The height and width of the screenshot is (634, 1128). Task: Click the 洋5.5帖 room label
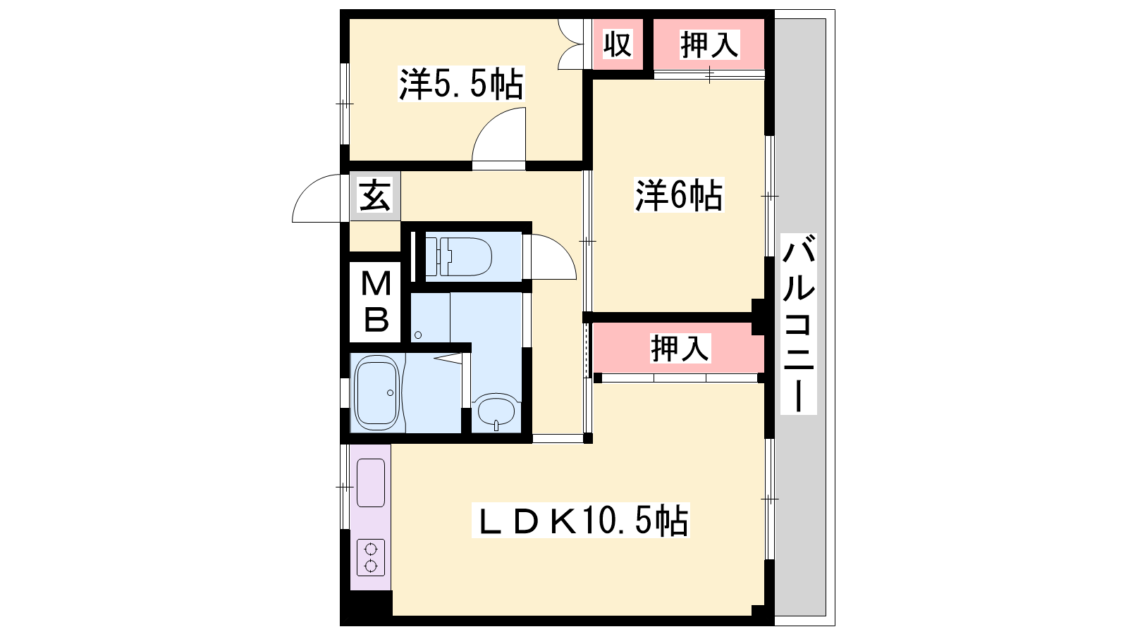pyautogui.click(x=461, y=84)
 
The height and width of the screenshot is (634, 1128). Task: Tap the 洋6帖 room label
pyautogui.click(x=678, y=194)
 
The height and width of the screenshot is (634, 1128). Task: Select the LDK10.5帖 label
pyautogui.click(x=580, y=521)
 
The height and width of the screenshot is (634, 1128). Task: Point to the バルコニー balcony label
pyautogui.click(x=799, y=323)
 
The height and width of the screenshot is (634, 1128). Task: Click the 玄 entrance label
pyautogui.click(x=375, y=196)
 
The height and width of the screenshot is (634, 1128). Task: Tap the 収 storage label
pyautogui.click(x=618, y=44)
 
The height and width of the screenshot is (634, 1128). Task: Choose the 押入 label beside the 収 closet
pyautogui.click(x=709, y=44)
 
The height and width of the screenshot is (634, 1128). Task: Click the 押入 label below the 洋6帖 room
pyautogui.click(x=680, y=348)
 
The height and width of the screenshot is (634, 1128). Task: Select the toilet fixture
pyautogui.click(x=459, y=256)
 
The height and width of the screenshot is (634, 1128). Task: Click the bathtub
pyautogui.click(x=377, y=392)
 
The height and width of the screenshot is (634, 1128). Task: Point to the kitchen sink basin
pyautogui.click(x=371, y=483)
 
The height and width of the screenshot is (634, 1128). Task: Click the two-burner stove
pyautogui.click(x=371, y=557)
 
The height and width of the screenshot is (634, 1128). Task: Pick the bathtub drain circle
pyautogui.click(x=391, y=392)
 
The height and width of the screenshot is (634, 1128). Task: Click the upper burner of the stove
pyautogui.click(x=371, y=549)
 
